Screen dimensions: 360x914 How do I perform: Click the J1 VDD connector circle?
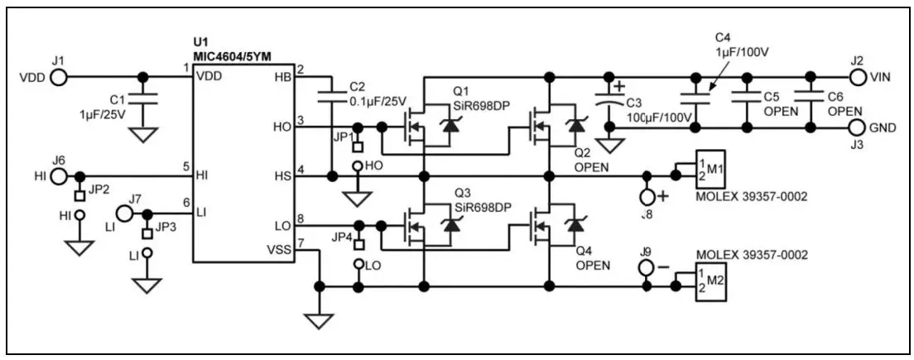58,78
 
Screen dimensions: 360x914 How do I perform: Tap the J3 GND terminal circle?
858,127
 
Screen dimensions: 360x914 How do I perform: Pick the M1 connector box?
710,169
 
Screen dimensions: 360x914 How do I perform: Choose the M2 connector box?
710,281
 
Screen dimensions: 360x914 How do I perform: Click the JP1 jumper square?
358,146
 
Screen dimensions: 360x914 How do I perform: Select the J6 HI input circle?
58,176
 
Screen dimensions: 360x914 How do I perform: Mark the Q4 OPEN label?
592,259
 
